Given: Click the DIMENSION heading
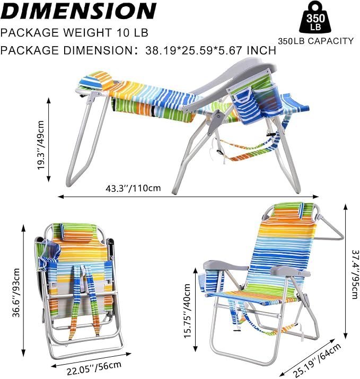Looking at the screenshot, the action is [78, 11].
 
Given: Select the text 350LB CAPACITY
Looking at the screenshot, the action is [316, 41].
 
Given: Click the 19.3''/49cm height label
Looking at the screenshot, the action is [41, 145].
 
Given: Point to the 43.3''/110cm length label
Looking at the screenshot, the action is [133, 188].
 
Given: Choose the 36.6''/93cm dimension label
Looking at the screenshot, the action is [16, 293].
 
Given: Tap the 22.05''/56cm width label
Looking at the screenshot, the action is [94, 367].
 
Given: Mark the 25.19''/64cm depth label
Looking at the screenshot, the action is [317, 360].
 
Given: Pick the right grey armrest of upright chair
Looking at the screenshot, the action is [289, 271].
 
